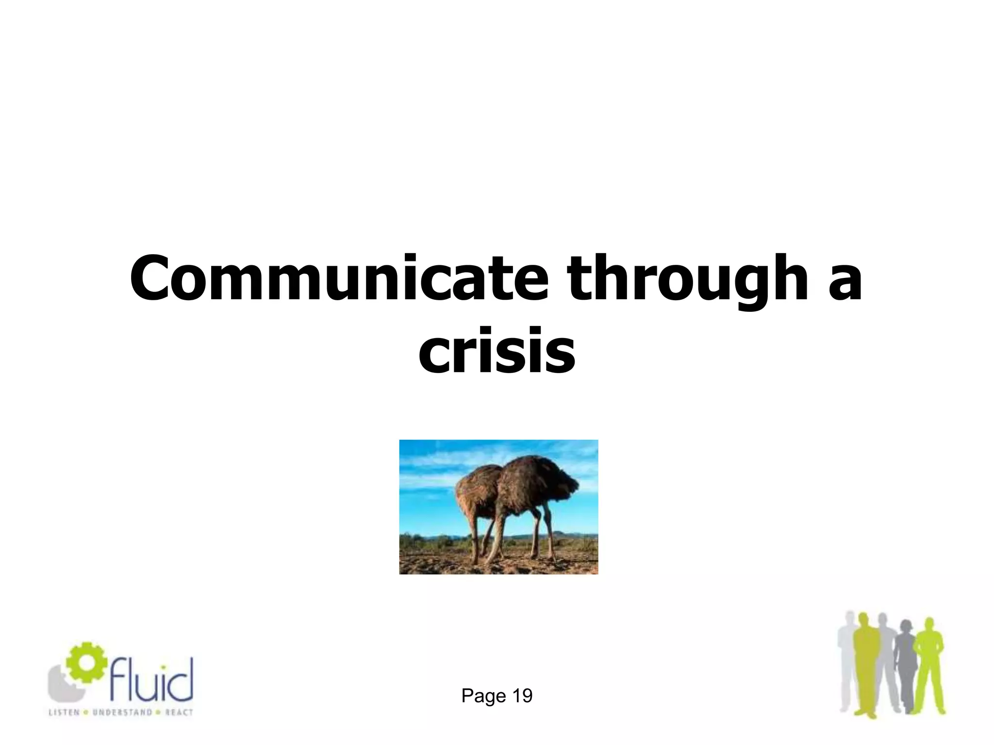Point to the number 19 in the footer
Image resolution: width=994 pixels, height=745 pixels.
[x=522, y=696]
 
